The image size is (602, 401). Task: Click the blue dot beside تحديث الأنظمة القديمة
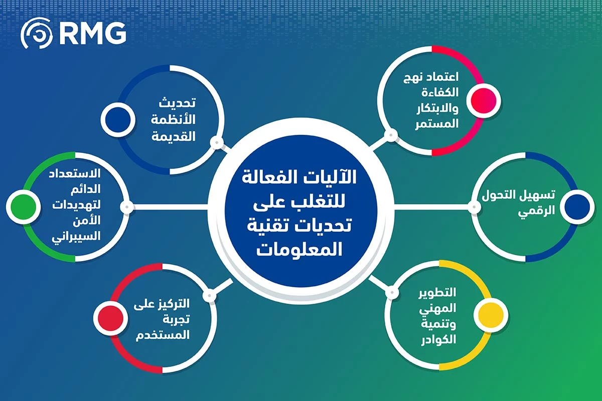(117, 119)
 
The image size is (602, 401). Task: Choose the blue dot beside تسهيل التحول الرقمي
(576, 206)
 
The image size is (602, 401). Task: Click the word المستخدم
(163, 335)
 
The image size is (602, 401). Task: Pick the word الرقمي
(542, 211)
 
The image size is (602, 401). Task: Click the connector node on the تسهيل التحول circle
(473, 206)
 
